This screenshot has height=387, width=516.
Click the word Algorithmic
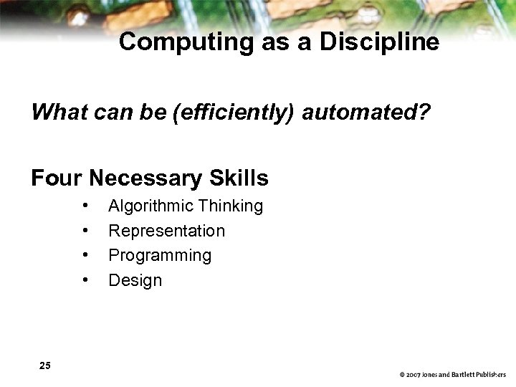(150, 206)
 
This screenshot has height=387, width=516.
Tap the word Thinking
(231, 206)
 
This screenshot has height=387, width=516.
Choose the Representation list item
(166, 231)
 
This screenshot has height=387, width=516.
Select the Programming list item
(160, 256)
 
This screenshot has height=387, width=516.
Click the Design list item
(135, 280)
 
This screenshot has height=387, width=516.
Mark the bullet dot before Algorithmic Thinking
(85, 206)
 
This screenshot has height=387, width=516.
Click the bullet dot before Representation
(85, 231)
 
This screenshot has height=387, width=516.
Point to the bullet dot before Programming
(85, 255)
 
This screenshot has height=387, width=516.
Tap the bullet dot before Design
(85, 279)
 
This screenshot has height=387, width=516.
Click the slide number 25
(45, 366)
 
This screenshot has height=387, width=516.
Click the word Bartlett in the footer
(465, 375)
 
